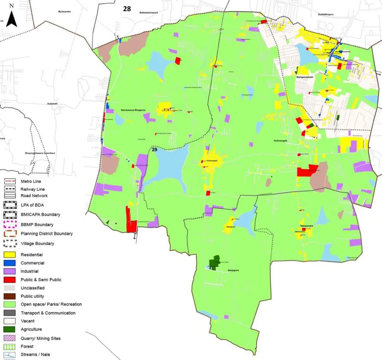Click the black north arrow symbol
click(x=12, y=18)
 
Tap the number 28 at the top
click(x=127, y=9)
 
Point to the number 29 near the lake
click(x=154, y=150)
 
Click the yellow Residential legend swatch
click(x=9, y=255)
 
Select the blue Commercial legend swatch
click(x=9, y=263)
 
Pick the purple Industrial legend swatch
click(x=9, y=271)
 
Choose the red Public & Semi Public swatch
click(x=9, y=280)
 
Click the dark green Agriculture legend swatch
click(x=9, y=329)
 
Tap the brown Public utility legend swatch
click(x=9, y=296)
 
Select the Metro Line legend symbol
click(x=9, y=181)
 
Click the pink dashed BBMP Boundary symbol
click(x=9, y=224)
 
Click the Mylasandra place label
click(x=64, y=12)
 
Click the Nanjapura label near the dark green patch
click(x=233, y=270)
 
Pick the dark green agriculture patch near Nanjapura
click(x=214, y=263)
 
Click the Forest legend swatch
click(x=9, y=346)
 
